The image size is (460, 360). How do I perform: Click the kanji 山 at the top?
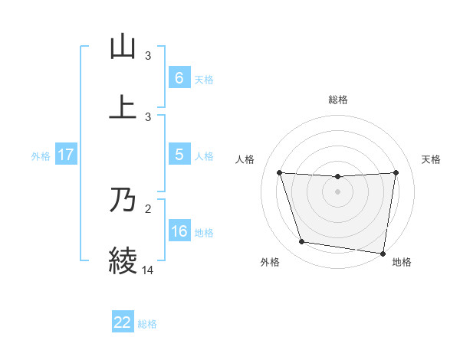(x=123, y=47)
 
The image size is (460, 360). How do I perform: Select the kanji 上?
(x=123, y=107)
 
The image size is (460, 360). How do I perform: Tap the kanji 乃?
(x=123, y=201)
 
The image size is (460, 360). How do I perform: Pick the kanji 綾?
(x=123, y=260)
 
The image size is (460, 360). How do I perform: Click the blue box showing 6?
(x=179, y=78)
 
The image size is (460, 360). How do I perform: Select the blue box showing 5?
(x=179, y=155)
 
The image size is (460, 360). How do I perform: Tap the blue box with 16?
(x=179, y=231)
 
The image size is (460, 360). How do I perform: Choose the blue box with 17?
(x=66, y=155)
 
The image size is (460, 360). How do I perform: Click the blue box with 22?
(x=123, y=322)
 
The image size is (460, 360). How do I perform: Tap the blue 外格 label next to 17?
(x=41, y=155)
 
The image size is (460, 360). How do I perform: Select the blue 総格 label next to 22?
(x=147, y=323)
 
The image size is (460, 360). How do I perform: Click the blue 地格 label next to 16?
(x=204, y=232)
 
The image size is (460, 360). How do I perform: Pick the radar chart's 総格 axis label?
(x=338, y=100)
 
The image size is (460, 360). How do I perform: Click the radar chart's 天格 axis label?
(x=431, y=159)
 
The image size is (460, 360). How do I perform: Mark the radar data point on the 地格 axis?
(x=383, y=253)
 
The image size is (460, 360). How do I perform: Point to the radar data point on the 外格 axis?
(x=302, y=242)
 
